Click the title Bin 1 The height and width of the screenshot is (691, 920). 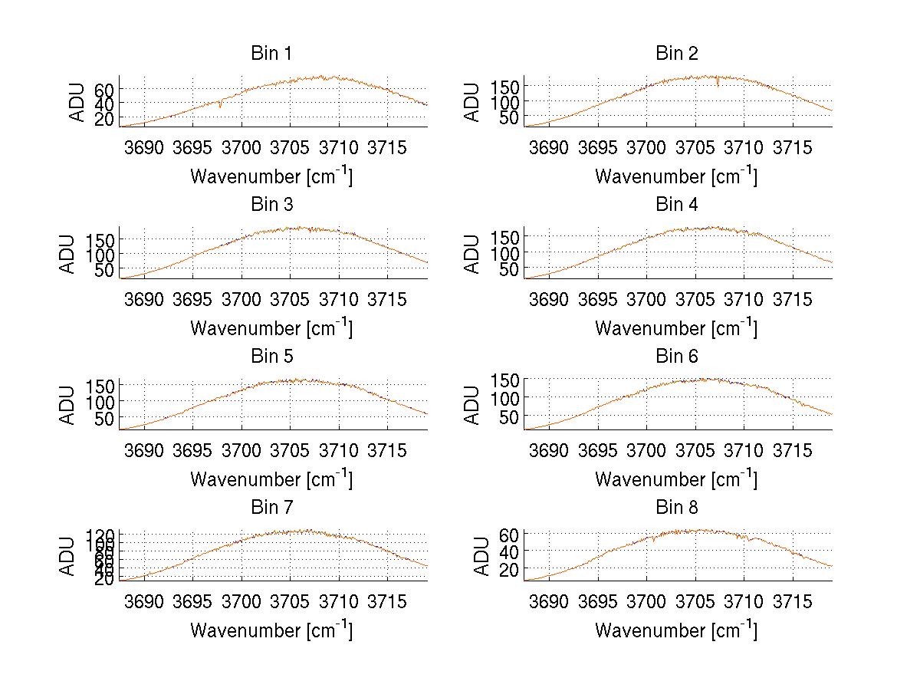[x=271, y=54]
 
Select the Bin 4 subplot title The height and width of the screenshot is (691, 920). [x=676, y=205]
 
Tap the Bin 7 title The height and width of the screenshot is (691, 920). [x=271, y=508]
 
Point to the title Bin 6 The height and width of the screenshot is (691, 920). [x=676, y=357]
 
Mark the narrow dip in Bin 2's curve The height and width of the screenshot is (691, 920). [x=718, y=83]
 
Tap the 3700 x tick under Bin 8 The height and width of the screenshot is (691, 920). [x=646, y=601]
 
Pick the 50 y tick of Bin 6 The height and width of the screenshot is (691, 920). [x=511, y=416]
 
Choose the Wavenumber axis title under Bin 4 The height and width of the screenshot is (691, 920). [x=676, y=327]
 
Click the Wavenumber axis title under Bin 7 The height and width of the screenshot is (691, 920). [x=271, y=630]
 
